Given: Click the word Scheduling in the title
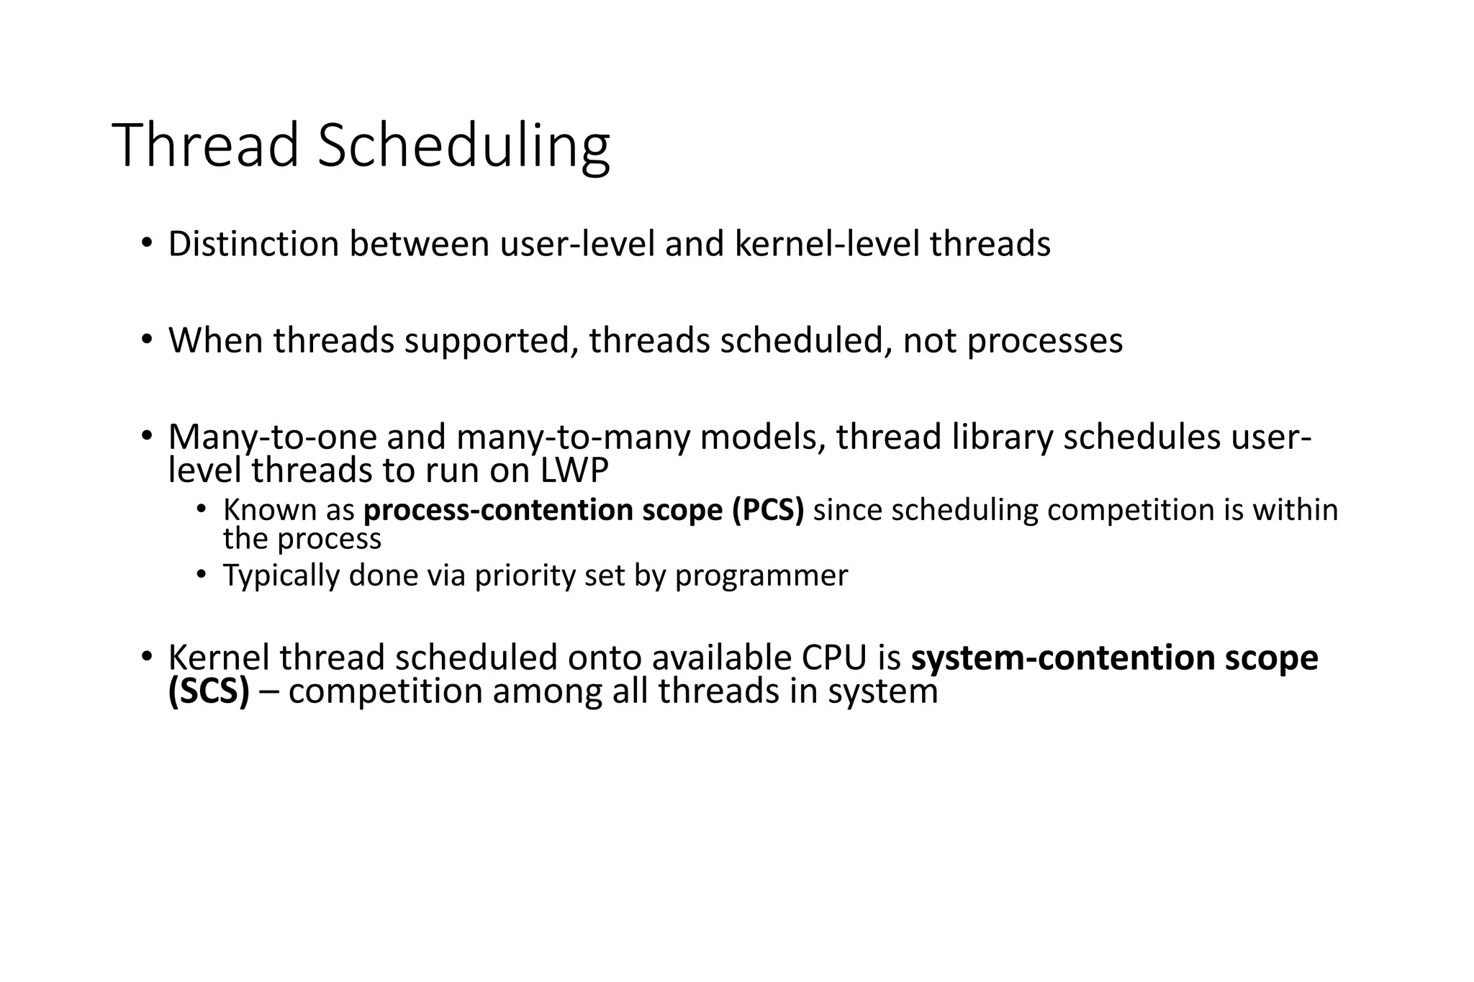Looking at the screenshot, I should (x=464, y=145).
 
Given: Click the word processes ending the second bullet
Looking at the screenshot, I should (x=1044, y=341).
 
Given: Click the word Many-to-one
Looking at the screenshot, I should (x=272, y=437).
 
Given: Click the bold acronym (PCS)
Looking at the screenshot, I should (x=768, y=510).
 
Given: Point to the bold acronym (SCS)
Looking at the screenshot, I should (x=209, y=691).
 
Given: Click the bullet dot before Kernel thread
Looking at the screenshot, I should (x=147, y=657).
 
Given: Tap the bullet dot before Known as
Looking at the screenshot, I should (x=202, y=510).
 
